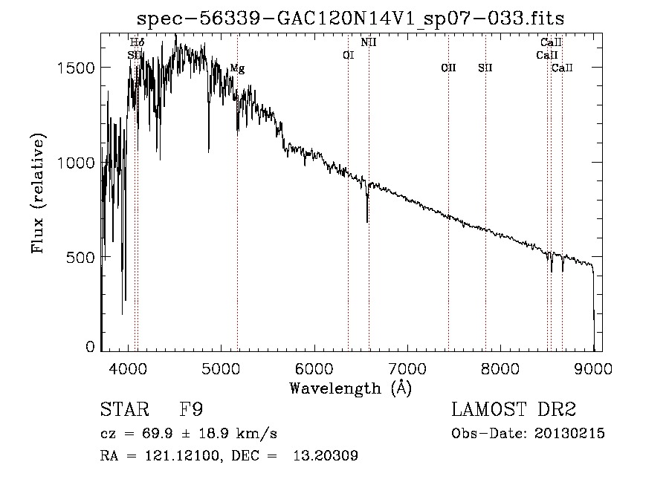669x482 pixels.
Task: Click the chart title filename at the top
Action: pyautogui.click(x=350, y=19)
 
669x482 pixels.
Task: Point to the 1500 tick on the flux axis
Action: pyautogui.click(x=76, y=68)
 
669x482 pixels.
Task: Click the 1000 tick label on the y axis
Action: pyautogui.click(x=76, y=163)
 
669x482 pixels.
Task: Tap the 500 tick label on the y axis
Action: pyautogui.click(x=80, y=258)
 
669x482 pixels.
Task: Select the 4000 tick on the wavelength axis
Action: pyautogui.click(x=128, y=368)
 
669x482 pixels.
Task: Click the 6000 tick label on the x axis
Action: pyautogui.click(x=314, y=368)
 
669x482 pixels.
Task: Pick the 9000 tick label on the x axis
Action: pyautogui.click(x=593, y=368)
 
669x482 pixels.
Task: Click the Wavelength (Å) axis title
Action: pyautogui.click(x=351, y=388)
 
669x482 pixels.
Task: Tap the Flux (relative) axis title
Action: pyautogui.click(x=38, y=194)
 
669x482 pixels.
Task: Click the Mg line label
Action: pyautogui.click(x=238, y=68)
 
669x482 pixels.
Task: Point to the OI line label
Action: pyautogui.click(x=349, y=55)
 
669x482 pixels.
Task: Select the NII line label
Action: pyautogui.click(x=369, y=42)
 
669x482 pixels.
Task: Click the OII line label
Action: pyautogui.click(x=448, y=68)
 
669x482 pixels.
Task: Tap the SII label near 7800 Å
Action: pyautogui.click(x=485, y=68)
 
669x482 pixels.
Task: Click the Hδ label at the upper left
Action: pyautogui.click(x=138, y=42)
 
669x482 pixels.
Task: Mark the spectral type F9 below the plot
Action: pyautogui.click(x=191, y=409)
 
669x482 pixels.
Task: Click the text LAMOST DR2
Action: pyautogui.click(x=514, y=409)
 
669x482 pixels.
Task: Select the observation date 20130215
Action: pyautogui.click(x=569, y=434)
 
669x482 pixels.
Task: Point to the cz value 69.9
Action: pyautogui.click(x=158, y=434)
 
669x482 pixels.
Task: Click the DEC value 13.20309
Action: pyautogui.click(x=326, y=455)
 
